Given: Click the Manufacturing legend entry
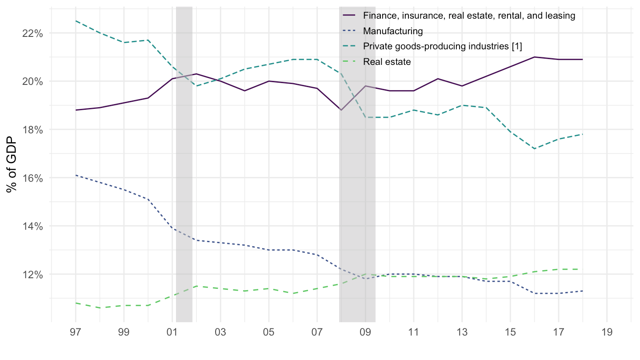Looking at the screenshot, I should point(392,31).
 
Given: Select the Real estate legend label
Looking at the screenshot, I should point(387,61).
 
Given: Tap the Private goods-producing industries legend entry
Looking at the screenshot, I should point(442,46).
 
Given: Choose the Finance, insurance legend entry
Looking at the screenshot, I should point(469,16).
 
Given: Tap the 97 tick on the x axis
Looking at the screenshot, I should point(76,332).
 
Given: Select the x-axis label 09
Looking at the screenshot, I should point(365,332).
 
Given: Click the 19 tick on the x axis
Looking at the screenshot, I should point(607,332).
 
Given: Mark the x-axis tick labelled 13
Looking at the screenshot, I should point(462,332).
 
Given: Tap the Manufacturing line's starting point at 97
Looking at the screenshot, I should point(76,175).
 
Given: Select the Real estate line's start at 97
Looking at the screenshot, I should point(76,303).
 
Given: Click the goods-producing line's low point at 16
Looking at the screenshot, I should point(534,148).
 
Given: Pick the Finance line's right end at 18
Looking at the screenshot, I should point(583,60).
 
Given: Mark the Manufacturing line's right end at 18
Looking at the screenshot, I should point(583,291).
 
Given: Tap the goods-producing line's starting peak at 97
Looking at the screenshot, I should point(76,21).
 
